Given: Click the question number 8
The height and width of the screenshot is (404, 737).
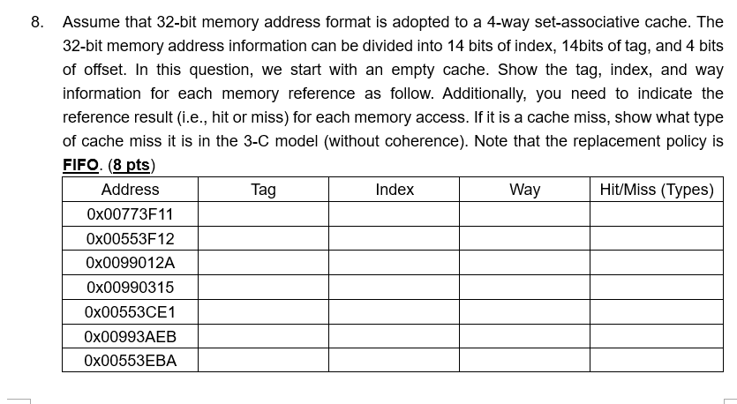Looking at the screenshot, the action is pyautogui.click(x=36, y=22).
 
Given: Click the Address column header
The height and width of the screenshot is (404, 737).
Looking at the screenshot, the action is pyautogui.click(x=130, y=190).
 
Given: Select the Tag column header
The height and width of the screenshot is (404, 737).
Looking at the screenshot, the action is pyautogui.click(x=263, y=190).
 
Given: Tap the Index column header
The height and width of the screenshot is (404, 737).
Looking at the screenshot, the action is pyautogui.click(x=394, y=190).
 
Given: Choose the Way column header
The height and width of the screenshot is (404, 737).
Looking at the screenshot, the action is pyautogui.click(x=524, y=190).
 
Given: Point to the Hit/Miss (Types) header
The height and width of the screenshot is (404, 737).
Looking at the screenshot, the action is pyautogui.click(x=656, y=190).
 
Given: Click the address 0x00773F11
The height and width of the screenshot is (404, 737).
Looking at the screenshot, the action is pyautogui.click(x=130, y=214).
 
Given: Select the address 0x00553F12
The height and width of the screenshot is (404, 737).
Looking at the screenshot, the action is pyautogui.click(x=130, y=239).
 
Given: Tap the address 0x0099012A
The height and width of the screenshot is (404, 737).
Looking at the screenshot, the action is pyautogui.click(x=130, y=263).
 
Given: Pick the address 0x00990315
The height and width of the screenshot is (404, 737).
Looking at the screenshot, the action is pyautogui.click(x=130, y=288).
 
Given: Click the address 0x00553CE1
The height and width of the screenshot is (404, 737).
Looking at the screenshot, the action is pyautogui.click(x=130, y=312).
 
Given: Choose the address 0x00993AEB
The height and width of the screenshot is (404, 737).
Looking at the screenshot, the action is pyautogui.click(x=130, y=336).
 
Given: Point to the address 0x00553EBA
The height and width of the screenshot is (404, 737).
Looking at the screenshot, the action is pyautogui.click(x=130, y=361).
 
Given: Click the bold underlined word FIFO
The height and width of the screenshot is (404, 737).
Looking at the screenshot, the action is pyautogui.click(x=80, y=165).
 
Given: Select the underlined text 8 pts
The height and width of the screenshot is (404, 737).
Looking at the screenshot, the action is pyautogui.click(x=131, y=165).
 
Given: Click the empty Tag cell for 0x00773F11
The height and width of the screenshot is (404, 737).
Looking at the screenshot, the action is pyautogui.click(x=263, y=214).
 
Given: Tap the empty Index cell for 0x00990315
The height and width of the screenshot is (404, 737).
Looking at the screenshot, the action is pyautogui.click(x=394, y=288).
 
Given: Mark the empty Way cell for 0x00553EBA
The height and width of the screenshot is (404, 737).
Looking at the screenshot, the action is pyautogui.click(x=524, y=361).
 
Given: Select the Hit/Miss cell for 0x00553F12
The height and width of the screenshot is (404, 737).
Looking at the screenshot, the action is pyautogui.click(x=656, y=239).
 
